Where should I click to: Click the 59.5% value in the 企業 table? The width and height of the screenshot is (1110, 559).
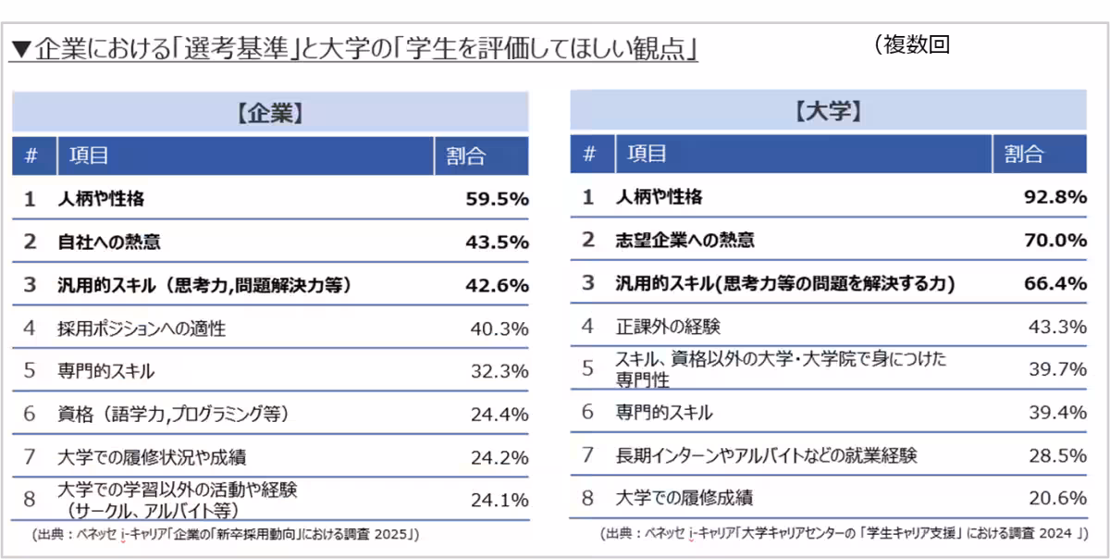coord(497,198)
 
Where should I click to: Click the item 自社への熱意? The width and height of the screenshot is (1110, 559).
coord(108,242)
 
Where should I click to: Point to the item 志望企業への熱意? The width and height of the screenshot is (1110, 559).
coord(684,241)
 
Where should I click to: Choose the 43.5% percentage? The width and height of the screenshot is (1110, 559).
coord(497,242)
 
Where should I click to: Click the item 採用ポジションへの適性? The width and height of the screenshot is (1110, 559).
coord(142,329)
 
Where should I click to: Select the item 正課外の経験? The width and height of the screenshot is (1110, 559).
coord(668,327)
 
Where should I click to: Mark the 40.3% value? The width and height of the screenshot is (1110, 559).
coord(499,329)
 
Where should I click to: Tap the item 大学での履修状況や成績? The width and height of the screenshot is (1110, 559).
coord(152,457)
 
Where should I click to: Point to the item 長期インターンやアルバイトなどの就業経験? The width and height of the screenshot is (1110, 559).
coord(767,455)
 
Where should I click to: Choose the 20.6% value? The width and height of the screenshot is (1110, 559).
coord(1057,498)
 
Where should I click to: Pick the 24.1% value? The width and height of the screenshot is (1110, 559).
coord(499,500)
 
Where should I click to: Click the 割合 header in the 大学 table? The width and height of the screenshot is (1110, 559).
coord(1023,155)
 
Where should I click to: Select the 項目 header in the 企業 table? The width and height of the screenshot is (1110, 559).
coord(89,155)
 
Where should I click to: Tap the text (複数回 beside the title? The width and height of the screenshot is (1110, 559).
coord(910,44)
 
